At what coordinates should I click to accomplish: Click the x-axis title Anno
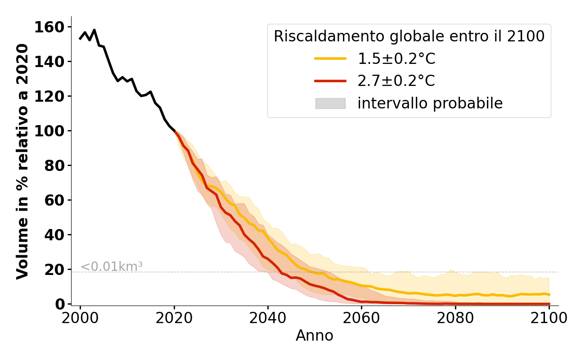click(x=315, y=336)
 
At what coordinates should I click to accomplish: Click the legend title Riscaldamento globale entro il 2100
click(x=409, y=36)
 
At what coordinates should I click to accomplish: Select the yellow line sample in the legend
click(x=330, y=58)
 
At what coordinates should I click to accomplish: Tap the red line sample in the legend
click(x=330, y=81)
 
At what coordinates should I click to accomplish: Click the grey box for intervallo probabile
click(x=330, y=103)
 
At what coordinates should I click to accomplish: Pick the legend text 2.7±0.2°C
click(x=396, y=81)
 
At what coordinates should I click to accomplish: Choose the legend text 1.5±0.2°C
click(x=396, y=58)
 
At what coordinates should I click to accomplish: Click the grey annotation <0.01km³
click(x=112, y=266)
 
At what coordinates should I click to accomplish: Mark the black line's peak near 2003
click(x=94, y=30)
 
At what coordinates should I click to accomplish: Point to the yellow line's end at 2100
click(x=549, y=295)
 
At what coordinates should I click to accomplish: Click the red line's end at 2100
click(x=549, y=304)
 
